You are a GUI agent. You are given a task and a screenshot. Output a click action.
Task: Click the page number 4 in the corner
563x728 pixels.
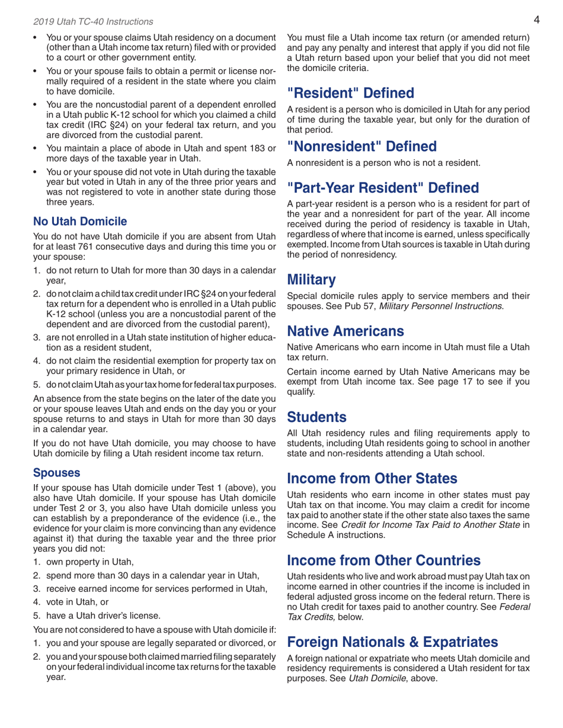click(x=535, y=21)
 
